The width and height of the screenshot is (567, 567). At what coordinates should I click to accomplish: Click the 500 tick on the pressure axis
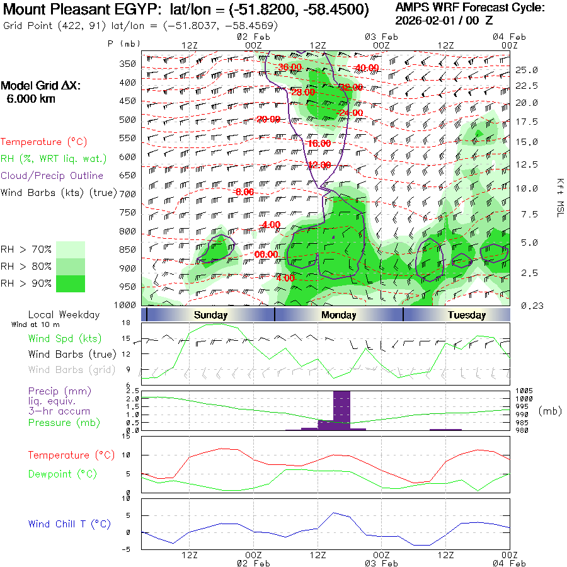coord(128,120)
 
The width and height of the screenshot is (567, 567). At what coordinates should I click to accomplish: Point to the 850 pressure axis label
coord(128,250)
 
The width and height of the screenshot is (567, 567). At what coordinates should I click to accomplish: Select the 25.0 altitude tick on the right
coord(526,70)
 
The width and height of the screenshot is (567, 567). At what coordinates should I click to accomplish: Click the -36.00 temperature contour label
coord(290,67)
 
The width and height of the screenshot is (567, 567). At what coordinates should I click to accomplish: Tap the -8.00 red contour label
coord(243,192)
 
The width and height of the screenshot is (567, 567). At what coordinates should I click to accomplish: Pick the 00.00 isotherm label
coord(266,255)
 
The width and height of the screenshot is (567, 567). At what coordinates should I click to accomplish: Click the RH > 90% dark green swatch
coord(71,283)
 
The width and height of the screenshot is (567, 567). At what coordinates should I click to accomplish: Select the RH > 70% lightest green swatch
coord(71,249)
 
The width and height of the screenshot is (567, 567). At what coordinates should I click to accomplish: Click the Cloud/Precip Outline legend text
coord(52,176)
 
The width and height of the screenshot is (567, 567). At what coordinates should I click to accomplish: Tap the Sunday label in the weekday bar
coord(210,315)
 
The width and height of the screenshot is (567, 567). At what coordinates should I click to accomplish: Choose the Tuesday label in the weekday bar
coord(466,315)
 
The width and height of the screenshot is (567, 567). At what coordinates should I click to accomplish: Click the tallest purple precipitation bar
coord(341,410)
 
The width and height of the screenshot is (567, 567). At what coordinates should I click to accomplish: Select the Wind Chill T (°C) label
coord(69,524)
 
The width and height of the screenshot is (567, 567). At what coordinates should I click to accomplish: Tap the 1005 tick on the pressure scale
coord(524,391)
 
